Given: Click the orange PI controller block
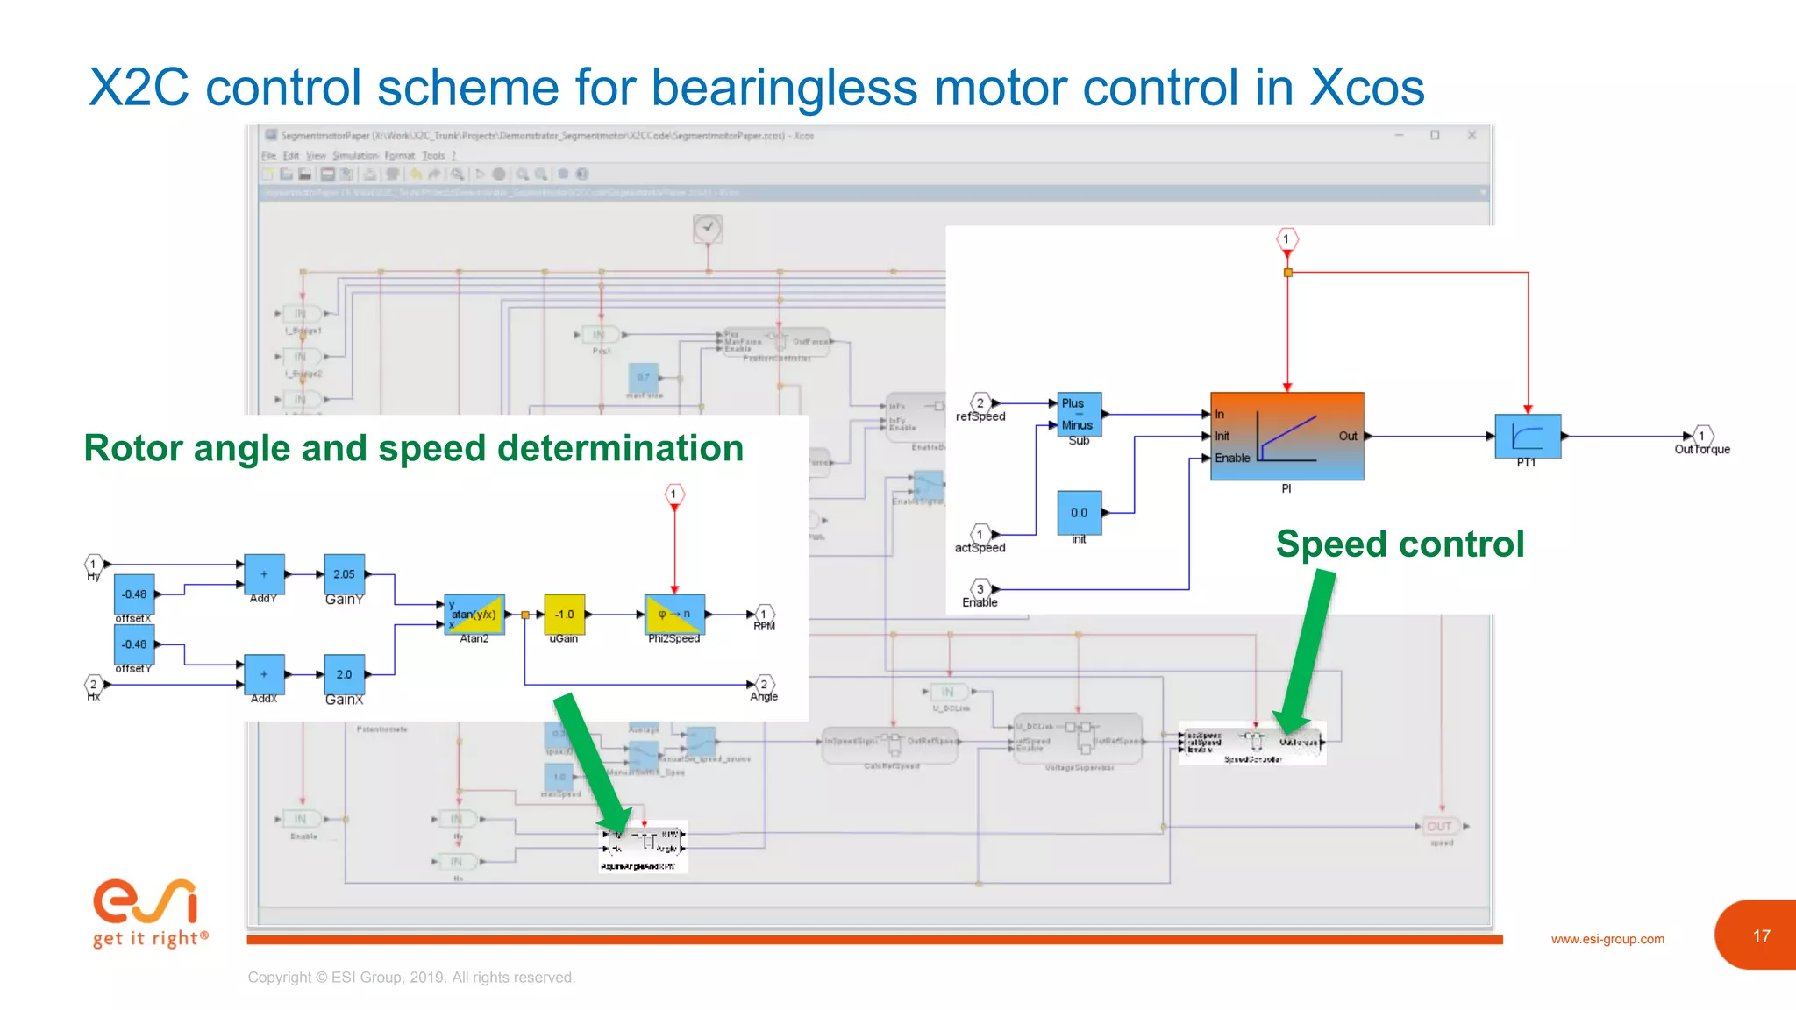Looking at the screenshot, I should pyautogui.click(x=1286, y=436).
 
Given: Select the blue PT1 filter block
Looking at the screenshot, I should pyautogui.click(x=1528, y=436).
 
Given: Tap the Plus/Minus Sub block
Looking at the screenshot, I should pyautogui.click(x=1079, y=414).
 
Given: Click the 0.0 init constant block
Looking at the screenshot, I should pyautogui.click(x=1079, y=513).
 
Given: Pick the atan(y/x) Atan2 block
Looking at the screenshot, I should pyautogui.click(x=474, y=615).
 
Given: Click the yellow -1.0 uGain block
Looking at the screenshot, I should pyautogui.click(x=564, y=615).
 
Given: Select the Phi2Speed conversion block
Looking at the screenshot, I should pyautogui.click(x=673, y=614).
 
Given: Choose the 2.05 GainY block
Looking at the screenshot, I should pyautogui.click(x=344, y=574).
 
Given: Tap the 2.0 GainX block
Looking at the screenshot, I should pyautogui.click(x=344, y=674).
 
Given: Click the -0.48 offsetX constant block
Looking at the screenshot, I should pyautogui.click(x=134, y=594).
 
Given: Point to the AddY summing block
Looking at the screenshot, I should pyautogui.click(x=264, y=574).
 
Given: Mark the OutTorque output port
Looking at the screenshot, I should pyautogui.click(x=1701, y=436).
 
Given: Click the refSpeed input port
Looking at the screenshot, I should pyautogui.click(x=980, y=403).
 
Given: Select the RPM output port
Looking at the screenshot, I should pyautogui.click(x=764, y=615).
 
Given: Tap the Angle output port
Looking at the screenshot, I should pyautogui.click(x=764, y=685).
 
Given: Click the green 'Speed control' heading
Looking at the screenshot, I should pyautogui.click(x=1400, y=544).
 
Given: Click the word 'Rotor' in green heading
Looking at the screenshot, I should pyautogui.click(x=132, y=448).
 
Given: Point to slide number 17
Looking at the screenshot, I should pyautogui.click(x=1761, y=936).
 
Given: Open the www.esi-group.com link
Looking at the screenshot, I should pyautogui.click(x=1607, y=939).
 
